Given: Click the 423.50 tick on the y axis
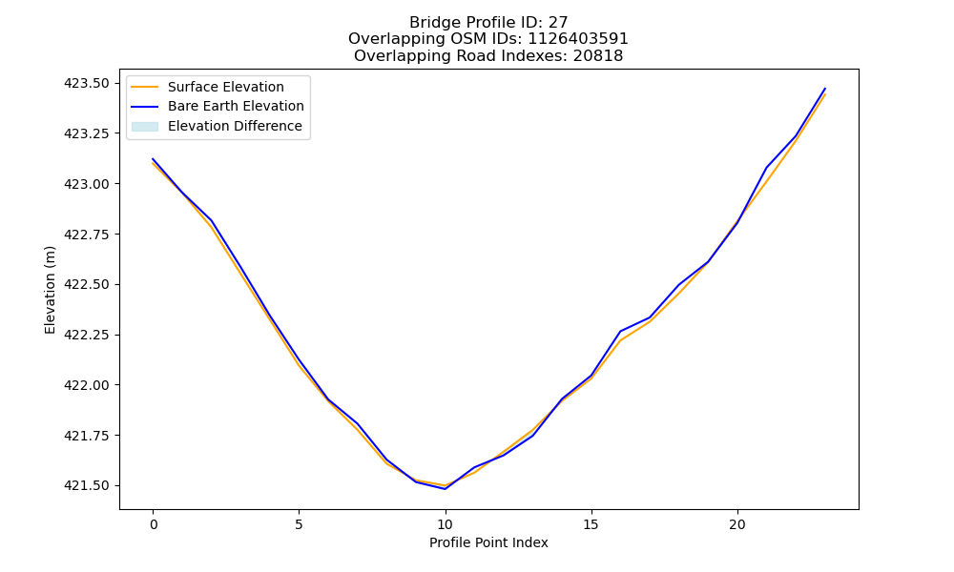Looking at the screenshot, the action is [88, 83].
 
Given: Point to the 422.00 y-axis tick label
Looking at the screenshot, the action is [88, 385].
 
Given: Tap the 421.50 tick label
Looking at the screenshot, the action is [88, 485].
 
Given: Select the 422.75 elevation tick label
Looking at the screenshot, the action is [88, 234].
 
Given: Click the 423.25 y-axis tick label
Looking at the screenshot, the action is [88, 133].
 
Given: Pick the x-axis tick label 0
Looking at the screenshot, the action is [154, 524].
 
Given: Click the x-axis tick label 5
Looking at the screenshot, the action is [299, 524].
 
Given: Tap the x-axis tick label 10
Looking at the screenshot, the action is [446, 524].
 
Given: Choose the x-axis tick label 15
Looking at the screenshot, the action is [591, 524].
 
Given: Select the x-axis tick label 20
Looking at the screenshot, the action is [737, 524].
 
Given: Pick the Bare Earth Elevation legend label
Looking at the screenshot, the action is [236, 106].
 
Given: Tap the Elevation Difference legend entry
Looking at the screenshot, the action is [235, 126].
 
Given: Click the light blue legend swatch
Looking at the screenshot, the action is [145, 127].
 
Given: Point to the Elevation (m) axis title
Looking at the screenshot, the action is [50, 290].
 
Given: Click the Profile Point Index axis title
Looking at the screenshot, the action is [488, 542].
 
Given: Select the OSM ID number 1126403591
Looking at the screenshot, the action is [578, 39].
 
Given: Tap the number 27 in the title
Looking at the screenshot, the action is [558, 23].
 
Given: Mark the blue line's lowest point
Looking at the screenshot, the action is [446, 489].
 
